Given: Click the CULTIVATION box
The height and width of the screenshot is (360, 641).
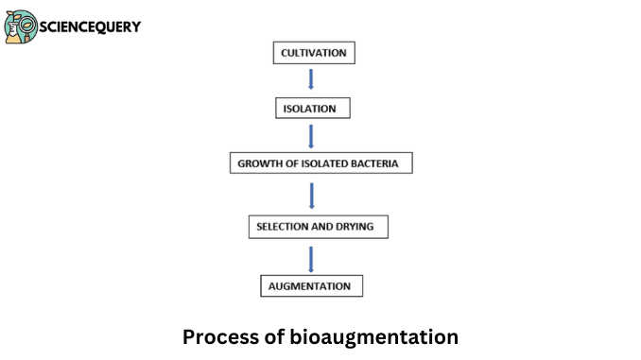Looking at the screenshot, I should (x=314, y=53).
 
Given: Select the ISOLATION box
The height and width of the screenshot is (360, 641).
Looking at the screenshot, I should (x=312, y=109).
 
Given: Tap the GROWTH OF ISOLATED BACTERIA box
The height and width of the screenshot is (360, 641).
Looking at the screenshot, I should (x=320, y=163).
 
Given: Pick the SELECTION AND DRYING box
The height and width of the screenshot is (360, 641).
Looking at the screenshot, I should (x=317, y=227).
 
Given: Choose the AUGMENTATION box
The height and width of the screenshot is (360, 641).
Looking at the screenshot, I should (x=311, y=285).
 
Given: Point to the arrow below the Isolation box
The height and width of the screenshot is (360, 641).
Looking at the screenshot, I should (x=311, y=136).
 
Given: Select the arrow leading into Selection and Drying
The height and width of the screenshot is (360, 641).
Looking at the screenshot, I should (x=311, y=196).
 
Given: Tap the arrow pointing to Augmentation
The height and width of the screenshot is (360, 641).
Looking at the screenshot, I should (x=311, y=257).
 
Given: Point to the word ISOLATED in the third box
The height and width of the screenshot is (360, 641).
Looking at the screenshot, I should (x=321, y=163).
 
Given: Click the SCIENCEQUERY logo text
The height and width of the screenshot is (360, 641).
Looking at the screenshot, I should (x=90, y=26).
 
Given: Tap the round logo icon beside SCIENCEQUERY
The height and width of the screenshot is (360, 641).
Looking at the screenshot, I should (x=21, y=26).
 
